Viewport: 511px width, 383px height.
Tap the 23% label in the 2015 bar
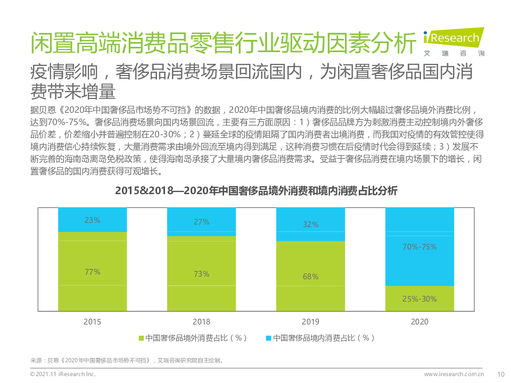[92, 220]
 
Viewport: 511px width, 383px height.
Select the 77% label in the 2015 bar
[92, 272]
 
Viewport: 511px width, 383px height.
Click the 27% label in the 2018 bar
[201, 222]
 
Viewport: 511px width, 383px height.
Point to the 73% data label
[201, 274]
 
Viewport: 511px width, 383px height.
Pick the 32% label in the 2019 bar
[310, 224]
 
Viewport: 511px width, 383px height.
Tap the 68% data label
[310, 277]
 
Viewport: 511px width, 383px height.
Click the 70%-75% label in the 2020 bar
[419, 247]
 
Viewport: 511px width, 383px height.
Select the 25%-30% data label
[419, 299]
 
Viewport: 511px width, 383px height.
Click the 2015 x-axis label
[92, 322]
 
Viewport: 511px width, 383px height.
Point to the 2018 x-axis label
[201, 322]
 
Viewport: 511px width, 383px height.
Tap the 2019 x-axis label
[310, 322]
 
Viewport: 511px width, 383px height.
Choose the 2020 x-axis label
[419, 322]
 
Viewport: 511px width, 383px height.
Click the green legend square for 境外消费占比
[141, 338]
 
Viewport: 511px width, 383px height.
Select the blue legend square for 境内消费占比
[269, 338]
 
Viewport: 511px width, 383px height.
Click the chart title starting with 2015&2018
[256, 191]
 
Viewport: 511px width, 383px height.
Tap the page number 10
[500, 374]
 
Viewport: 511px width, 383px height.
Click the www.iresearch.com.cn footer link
[454, 374]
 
